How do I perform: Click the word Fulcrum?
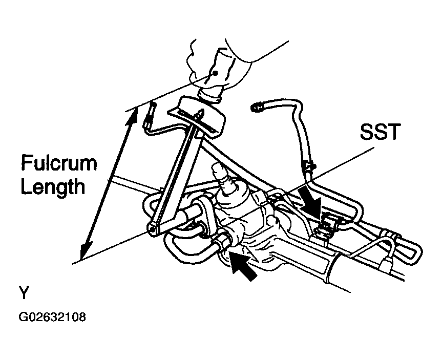pos(59,163)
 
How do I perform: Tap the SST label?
pos(380,132)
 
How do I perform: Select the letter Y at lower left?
pos(24,292)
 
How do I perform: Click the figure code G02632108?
pos(52,317)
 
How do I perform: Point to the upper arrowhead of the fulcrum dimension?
pos(133,115)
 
